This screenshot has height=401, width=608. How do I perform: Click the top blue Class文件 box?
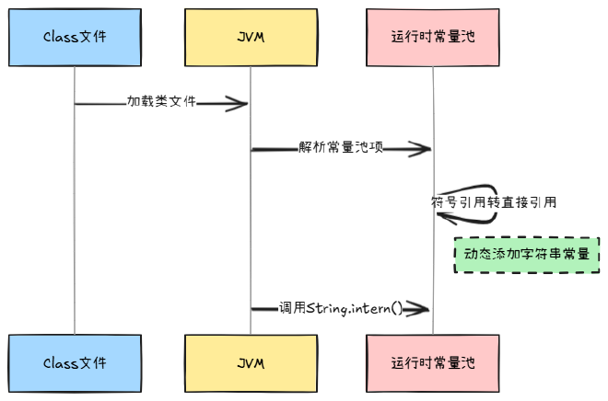[75, 37]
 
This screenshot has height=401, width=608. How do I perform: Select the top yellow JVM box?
[251, 37]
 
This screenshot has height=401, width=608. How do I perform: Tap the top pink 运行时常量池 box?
[433, 37]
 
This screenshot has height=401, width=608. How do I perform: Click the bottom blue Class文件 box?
[75, 362]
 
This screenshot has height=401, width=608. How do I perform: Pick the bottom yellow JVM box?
[251, 362]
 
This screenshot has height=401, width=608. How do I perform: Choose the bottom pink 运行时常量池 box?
[433, 362]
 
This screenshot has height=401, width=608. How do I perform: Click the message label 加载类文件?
[161, 102]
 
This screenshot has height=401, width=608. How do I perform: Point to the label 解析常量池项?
[341, 147]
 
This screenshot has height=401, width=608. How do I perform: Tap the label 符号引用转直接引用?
[494, 201]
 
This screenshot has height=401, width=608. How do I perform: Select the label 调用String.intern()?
[341, 309]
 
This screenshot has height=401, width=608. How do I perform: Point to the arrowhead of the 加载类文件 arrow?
[241, 103]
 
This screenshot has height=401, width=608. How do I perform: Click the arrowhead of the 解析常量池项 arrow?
[425, 148]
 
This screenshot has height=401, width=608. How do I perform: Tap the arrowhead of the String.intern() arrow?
[425, 309]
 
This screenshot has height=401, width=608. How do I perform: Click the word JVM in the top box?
[251, 37]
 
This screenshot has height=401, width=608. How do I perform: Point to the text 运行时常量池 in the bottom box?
[433, 362]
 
